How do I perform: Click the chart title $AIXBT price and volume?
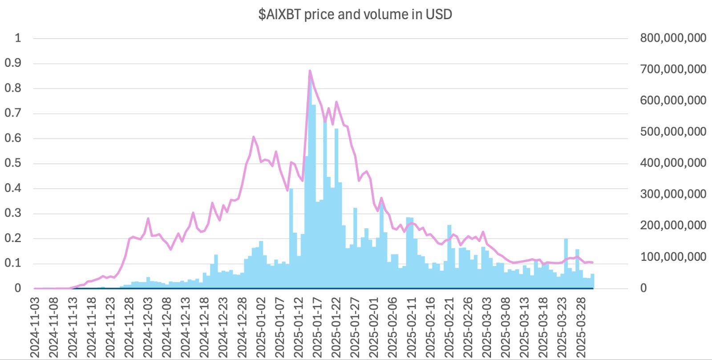(355, 14)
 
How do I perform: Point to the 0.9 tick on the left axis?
(13, 63)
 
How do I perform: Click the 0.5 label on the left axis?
(13, 163)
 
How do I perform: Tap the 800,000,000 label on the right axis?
(673, 38)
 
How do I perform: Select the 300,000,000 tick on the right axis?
(673, 194)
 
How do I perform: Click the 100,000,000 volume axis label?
(673, 257)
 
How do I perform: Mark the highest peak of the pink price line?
(310, 71)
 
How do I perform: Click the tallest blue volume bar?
(310, 178)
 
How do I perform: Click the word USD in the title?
(439, 14)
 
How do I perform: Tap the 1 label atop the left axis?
(18, 38)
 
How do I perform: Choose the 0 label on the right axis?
(643, 288)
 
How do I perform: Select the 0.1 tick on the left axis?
(13, 263)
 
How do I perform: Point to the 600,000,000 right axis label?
(673, 100)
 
